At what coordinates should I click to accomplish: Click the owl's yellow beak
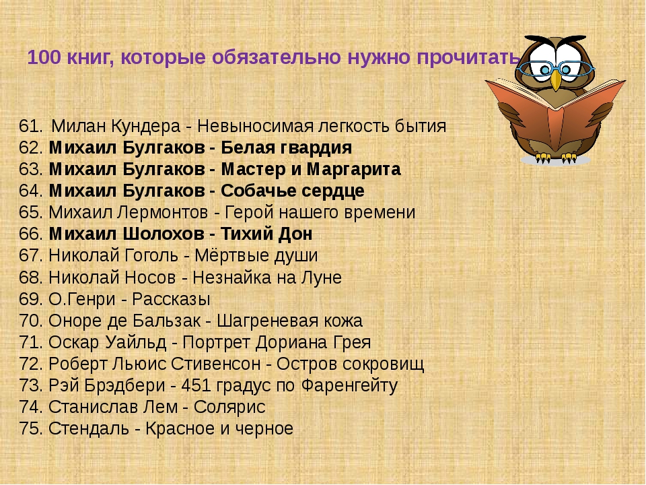click(x=557, y=79)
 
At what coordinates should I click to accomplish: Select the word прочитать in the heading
click(x=468, y=57)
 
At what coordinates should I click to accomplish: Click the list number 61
click(x=30, y=126)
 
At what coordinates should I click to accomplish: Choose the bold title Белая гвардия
click(x=287, y=148)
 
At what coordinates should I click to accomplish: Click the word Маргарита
click(x=353, y=170)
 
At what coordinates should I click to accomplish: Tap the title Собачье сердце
click(x=293, y=191)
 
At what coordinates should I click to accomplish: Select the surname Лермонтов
click(x=162, y=213)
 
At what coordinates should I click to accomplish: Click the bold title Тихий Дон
click(x=266, y=234)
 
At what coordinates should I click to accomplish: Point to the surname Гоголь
click(x=148, y=256)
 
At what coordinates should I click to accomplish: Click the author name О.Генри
click(x=82, y=299)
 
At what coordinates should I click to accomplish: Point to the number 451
click(x=196, y=385)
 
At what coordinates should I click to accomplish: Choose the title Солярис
click(x=229, y=408)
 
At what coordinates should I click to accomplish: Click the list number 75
click(x=30, y=429)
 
